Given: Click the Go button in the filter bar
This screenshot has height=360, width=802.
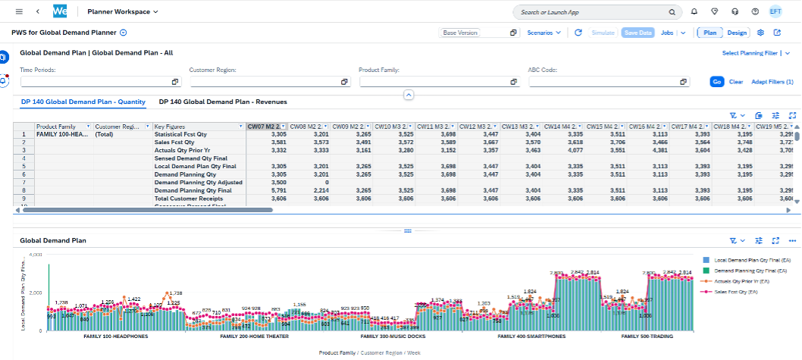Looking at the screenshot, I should (717, 82).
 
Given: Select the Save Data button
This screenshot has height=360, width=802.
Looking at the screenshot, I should (638, 33).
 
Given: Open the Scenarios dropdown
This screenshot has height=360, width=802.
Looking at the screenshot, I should (544, 33).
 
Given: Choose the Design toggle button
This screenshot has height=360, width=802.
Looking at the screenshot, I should (737, 33).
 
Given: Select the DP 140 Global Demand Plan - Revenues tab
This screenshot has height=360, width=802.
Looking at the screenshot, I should (223, 101).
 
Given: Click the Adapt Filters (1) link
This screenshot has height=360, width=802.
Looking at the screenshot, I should (772, 82).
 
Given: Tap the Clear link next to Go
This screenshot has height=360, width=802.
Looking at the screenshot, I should (736, 82).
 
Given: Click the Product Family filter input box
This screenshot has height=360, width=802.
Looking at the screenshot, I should (438, 82).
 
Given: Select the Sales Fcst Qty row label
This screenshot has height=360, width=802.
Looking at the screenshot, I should (174, 142).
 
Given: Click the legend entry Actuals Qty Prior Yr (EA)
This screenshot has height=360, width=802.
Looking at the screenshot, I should (743, 280).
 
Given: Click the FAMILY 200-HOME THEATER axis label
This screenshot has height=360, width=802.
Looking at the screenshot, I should (255, 335).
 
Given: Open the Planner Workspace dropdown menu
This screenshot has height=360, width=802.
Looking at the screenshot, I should (123, 12).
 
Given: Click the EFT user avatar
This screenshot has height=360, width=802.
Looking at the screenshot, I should (776, 12).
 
